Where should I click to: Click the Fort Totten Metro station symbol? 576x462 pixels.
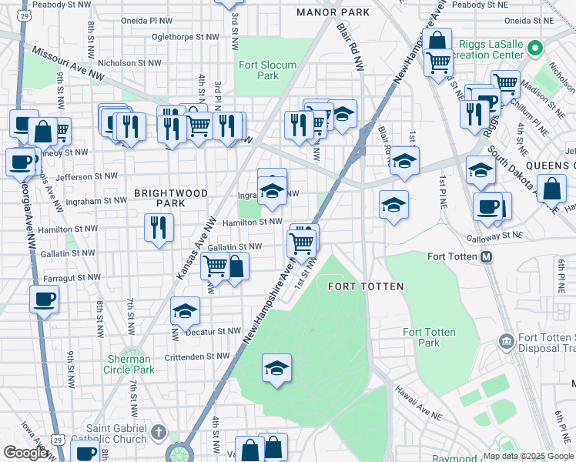coord(487,257)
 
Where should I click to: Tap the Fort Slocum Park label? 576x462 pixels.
coord(267,70)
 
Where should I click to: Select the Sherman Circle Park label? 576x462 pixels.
coord(129,364)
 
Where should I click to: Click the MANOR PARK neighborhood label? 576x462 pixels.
coord(333,12)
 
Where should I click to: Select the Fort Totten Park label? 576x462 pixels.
coord(429,337)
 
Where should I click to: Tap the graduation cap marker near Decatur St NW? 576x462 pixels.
coord(185,311)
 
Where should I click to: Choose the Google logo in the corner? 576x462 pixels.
coord(26,453)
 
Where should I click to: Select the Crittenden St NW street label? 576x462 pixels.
coord(197,357)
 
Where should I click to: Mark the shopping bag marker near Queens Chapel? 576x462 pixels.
coord(552,188)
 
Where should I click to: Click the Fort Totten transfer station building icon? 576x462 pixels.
coord(506,340)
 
